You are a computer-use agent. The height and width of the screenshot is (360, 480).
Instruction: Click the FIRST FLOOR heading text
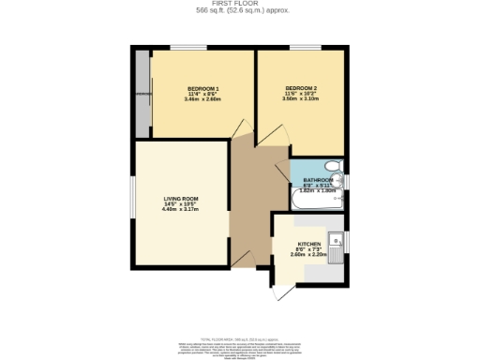click(239, 4)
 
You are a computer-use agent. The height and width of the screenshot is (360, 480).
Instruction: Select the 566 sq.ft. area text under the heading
click(239, 11)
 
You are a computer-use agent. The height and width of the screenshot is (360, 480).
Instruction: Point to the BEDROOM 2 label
click(301, 88)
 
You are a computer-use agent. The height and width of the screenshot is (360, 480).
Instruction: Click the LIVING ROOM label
click(180, 200)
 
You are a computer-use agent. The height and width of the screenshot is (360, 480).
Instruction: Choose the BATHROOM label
click(317, 180)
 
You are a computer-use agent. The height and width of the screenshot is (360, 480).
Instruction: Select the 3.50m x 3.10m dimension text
click(301, 98)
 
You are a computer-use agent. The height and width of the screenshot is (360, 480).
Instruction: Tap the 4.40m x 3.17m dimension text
click(180, 209)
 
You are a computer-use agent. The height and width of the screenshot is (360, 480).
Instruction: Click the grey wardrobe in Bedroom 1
click(142, 94)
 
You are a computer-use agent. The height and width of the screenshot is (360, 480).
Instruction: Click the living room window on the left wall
click(131, 201)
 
